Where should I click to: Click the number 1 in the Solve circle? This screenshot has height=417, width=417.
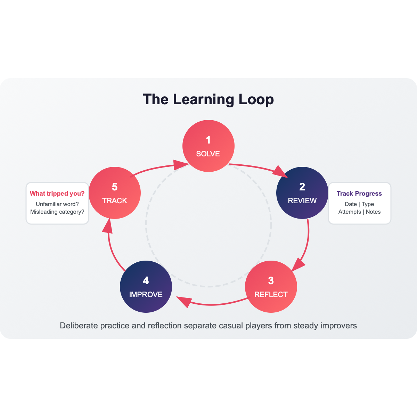tap(208, 140)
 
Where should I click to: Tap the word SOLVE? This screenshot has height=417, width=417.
tap(208, 154)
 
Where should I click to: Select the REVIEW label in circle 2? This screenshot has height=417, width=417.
tap(302, 201)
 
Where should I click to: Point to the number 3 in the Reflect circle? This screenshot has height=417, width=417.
tap(271, 281)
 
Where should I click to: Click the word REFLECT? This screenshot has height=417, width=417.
tap(271, 294)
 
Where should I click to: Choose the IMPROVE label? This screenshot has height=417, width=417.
tap(146, 294)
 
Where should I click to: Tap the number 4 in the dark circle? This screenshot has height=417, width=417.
tap(146, 281)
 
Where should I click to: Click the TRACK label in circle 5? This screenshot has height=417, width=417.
tap(115, 201)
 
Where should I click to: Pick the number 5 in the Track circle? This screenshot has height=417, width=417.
tap(115, 187)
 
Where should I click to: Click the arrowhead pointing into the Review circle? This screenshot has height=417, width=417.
tap(280, 171)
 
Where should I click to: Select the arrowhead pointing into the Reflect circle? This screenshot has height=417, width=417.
tap(298, 264)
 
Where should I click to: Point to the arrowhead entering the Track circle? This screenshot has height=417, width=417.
tap(108, 226)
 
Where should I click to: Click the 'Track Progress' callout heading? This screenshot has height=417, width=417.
tap(359, 194)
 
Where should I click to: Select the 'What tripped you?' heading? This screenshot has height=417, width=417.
tap(57, 194)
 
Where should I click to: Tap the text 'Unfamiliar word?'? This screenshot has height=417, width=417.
tap(57, 204)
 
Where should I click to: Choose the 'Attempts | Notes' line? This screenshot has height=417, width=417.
tap(359, 212)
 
